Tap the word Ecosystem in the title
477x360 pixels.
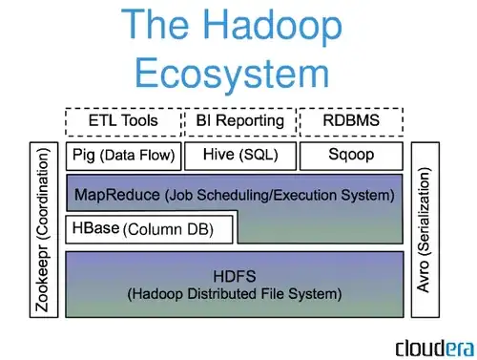click(x=234, y=73)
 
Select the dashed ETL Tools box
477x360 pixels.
click(x=122, y=122)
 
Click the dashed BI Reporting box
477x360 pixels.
click(x=239, y=122)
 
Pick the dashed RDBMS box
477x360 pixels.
click(x=352, y=122)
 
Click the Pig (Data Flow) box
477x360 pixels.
click(x=122, y=154)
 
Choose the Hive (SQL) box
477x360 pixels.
click(x=239, y=154)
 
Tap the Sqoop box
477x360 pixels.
click(x=352, y=154)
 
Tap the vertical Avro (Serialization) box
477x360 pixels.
click(x=425, y=229)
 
